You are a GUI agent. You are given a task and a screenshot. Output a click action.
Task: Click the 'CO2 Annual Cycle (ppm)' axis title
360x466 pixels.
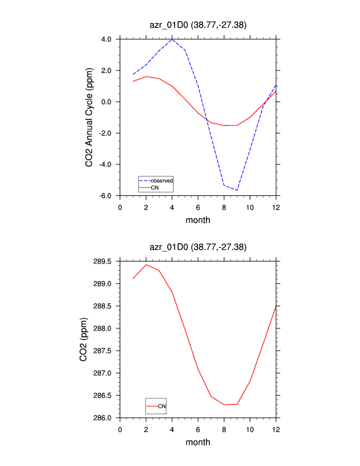[x=89, y=118]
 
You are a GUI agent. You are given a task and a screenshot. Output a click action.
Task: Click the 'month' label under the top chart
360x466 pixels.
[x=198, y=220]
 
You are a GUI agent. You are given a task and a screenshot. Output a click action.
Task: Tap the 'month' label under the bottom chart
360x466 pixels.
[x=198, y=442]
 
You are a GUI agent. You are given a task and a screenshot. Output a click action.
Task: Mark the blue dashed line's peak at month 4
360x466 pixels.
[x=172, y=39]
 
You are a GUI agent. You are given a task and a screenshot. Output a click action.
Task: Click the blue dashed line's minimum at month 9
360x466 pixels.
[x=237, y=190]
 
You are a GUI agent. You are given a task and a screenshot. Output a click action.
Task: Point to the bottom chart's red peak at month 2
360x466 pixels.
[x=146, y=265]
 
